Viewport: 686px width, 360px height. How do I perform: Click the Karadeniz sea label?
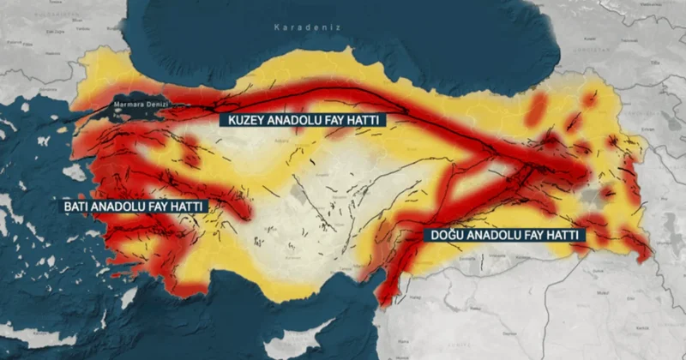tap(307, 27)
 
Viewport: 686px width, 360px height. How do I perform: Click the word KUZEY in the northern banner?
tap(245, 120)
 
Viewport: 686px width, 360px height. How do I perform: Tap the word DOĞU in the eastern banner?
tap(447, 235)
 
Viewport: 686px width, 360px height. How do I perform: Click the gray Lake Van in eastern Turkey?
tap(590, 196)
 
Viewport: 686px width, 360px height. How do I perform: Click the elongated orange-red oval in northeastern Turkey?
tap(538, 108)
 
